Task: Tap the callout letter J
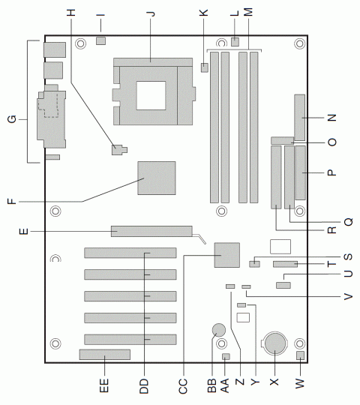(x=151, y=13)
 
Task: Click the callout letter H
(x=71, y=13)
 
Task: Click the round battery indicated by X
(x=274, y=343)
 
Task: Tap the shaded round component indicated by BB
(x=219, y=328)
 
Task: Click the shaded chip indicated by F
(x=157, y=179)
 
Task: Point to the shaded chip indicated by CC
(x=226, y=255)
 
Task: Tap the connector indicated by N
(x=301, y=118)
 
